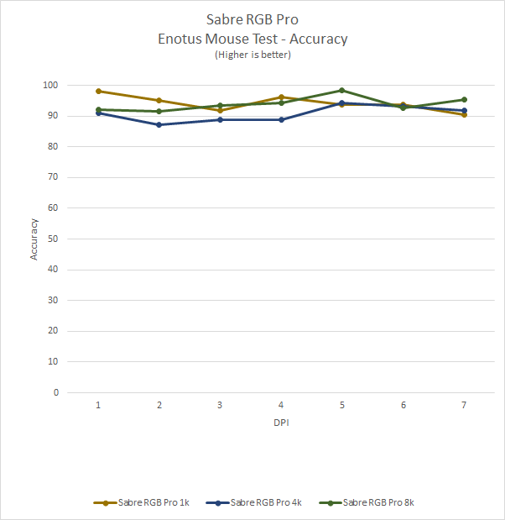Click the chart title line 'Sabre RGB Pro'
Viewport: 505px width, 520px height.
click(x=252, y=18)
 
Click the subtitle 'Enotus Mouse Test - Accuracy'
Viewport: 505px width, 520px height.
click(x=252, y=38)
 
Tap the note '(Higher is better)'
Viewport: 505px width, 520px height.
click(x=252, y=55)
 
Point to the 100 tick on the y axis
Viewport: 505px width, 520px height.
click(x=51, y=85)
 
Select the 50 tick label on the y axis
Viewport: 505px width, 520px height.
click(x=54, y=239)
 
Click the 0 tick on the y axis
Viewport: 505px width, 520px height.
click(x=56, y=392)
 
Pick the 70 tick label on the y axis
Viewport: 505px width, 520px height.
click(x=54, y=177)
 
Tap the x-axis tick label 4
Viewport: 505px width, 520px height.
click(x=281, y=405)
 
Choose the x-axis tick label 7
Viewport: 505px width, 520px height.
click(x=464, y=405)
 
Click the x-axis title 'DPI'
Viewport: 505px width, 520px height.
click(x=281, y=423)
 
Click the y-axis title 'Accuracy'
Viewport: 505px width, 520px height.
click(x=34, y=239)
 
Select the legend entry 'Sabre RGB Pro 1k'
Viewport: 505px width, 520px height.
click(x=141, y=502)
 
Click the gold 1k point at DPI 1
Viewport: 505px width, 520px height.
click(x=98, y=91)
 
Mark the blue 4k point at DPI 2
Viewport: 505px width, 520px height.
click(x=159, y=124)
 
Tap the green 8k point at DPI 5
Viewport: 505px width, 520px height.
click(x=342, y=90)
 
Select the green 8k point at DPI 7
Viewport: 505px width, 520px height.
click(x=464, y=99)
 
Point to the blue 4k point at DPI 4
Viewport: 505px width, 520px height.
click(x=281, y=119)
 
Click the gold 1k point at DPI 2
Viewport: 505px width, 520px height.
click(x=159, y=100)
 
